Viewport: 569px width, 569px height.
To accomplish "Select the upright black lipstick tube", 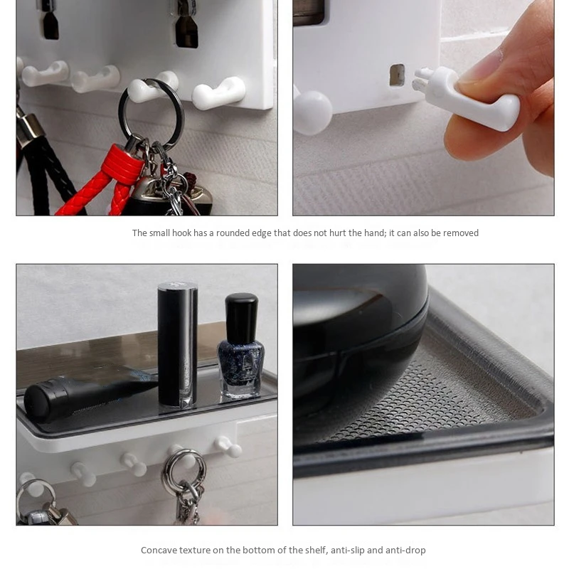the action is pyautogui.click(x=178, y=345).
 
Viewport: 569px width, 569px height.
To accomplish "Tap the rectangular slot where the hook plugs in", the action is pyautogui.click(x=397, y=75).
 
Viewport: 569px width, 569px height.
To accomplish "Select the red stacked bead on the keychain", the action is pyautogui.click(x=122, y=162).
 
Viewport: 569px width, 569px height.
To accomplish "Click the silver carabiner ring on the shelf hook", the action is pyautogui.click(x=184, y=469).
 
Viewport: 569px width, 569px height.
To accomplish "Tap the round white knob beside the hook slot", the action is pyautogui.click(x=313, y=112).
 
